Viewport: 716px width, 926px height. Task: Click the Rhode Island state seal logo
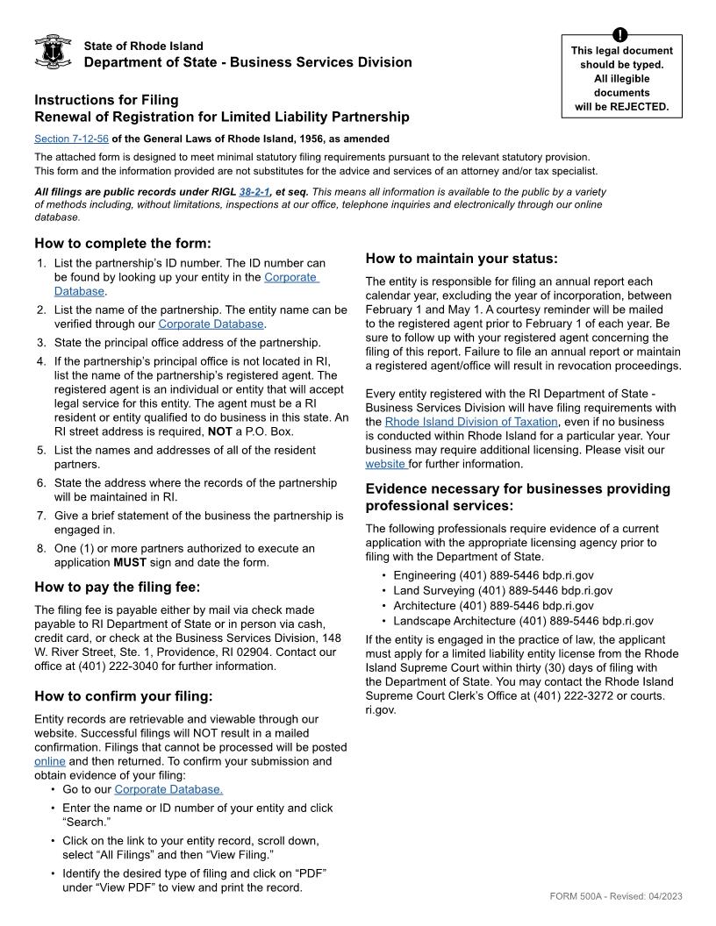(x=53, y=53)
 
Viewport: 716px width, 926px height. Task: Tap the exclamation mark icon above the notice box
(x=621, y=35)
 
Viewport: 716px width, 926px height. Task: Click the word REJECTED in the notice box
(x=642, y=107)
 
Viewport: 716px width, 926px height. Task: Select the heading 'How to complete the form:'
(x=123, y=243)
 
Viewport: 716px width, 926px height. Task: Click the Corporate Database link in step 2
(x=211, y=324)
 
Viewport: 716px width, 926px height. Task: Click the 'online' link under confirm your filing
(x=50, y=761)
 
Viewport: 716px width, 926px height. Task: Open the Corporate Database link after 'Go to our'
(x=168, y=789)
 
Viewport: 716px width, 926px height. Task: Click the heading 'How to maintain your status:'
(x=461, y=258)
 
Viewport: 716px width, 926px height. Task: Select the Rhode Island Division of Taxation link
(x=471, y=422)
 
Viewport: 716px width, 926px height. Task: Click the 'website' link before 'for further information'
(x=385, y=464)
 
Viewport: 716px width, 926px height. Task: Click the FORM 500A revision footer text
(x=616, y=895)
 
